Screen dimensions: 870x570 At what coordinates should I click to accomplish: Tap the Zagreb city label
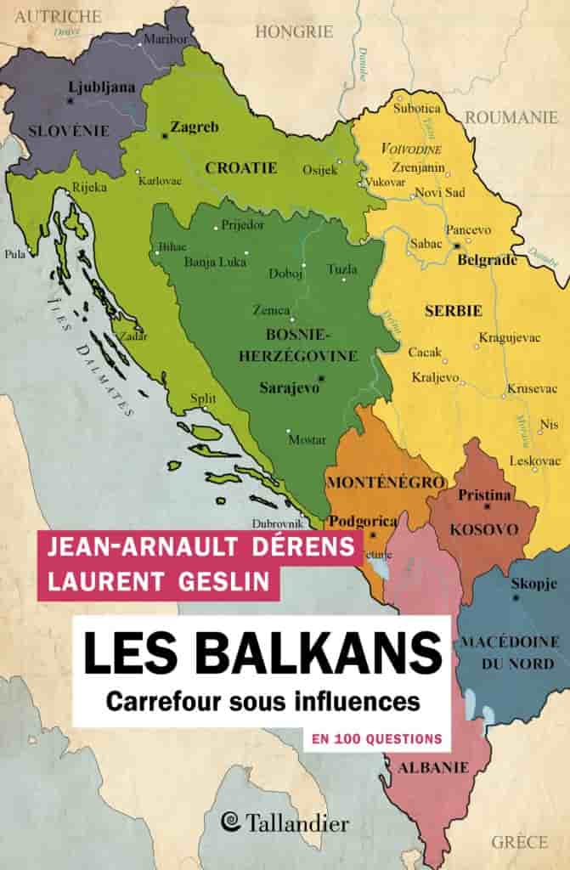point(195,127)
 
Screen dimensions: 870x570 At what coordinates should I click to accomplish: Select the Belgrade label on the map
point(487,261)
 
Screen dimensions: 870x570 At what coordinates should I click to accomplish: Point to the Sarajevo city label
point(289,387)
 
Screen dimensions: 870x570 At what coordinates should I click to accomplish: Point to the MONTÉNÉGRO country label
point(384,483)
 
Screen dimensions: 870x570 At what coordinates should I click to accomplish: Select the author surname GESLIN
point(221,580)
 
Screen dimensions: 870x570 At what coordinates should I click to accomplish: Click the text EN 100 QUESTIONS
point(377,738)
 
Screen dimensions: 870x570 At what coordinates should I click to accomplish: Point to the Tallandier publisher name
point(296,823)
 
